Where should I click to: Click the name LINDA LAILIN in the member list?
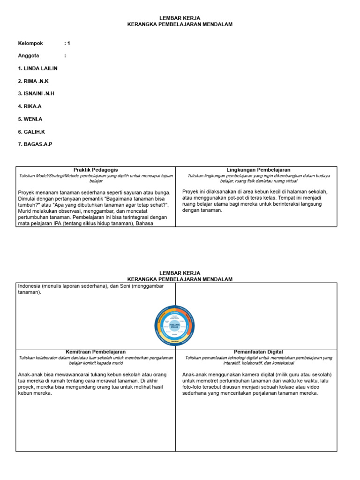[x=37, y=68]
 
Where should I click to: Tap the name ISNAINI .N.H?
[x=36, y=94]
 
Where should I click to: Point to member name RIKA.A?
[x=30, y=106]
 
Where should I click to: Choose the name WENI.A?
[x=30, y=119]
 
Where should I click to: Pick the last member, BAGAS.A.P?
[x=35, y=144]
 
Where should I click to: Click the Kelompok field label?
[x=30, y=43]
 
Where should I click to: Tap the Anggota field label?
[x=29, y=56]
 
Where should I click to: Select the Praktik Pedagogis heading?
[x=96, y=170]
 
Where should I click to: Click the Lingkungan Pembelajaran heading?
[x=258, y=170]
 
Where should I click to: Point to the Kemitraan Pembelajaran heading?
[x=96, y=352]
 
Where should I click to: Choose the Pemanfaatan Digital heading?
[x=258, y=352]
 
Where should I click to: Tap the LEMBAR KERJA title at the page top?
[x=180, y=18]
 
